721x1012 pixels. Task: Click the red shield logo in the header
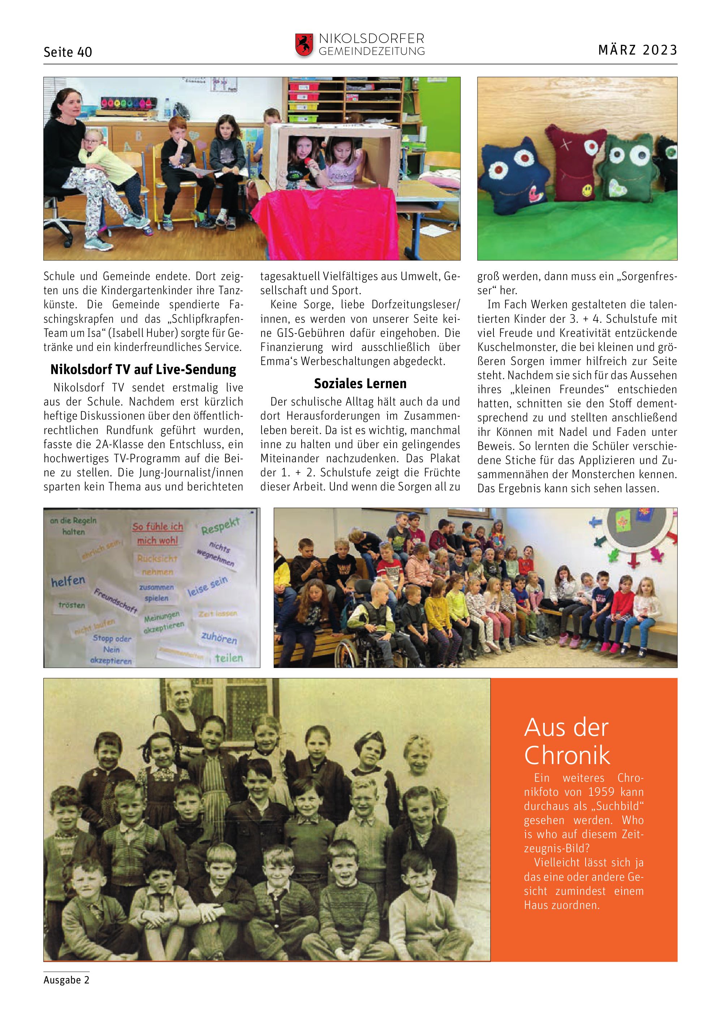pyautogui.click(x=304, y=45)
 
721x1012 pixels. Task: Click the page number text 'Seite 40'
pyautogui.click(x=68, y=52)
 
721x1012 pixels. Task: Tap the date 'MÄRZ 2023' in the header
pyautogui.click(x=638, y=50)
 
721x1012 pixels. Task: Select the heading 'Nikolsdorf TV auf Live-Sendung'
pyautogui.click(x=143, y=369)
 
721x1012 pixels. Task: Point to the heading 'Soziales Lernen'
pyautogui.click(x=360, y=383)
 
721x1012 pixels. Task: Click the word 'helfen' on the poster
pyautogui.click(x=68, y=581)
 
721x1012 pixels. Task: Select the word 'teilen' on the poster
pyautogui.click(x=229, y=658)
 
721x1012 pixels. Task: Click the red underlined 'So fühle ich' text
pyautogui.click(x=157, y=527)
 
